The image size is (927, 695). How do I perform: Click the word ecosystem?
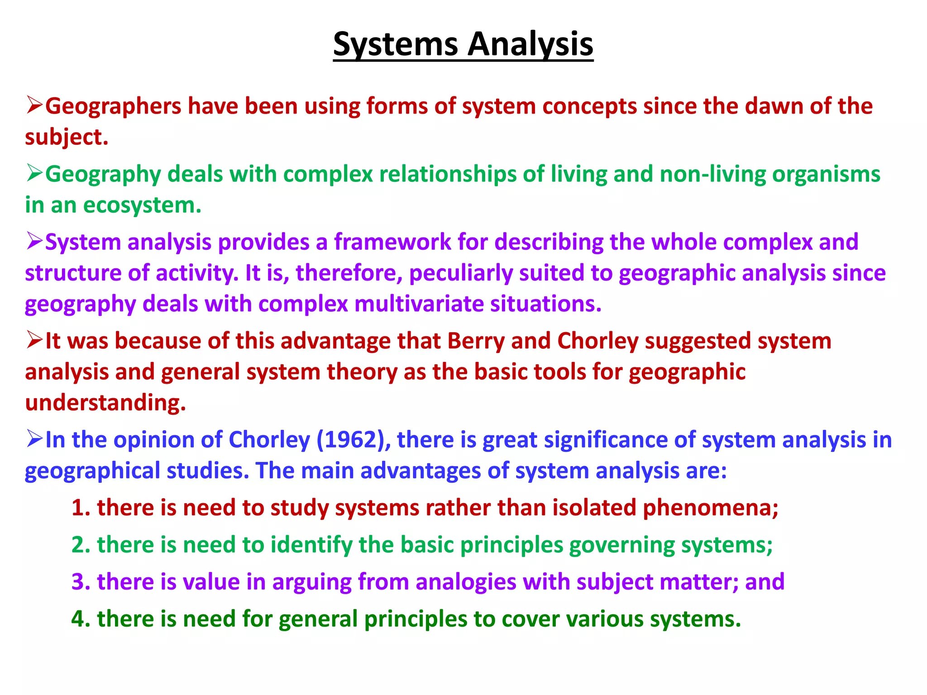(x=142, y=205)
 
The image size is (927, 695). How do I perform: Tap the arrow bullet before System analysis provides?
(x=34, y=241)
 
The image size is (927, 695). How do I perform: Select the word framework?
(x=392, y=242)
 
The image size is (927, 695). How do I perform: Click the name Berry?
(x=476, y=341)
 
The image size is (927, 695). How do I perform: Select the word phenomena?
(x=710, y=508)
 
